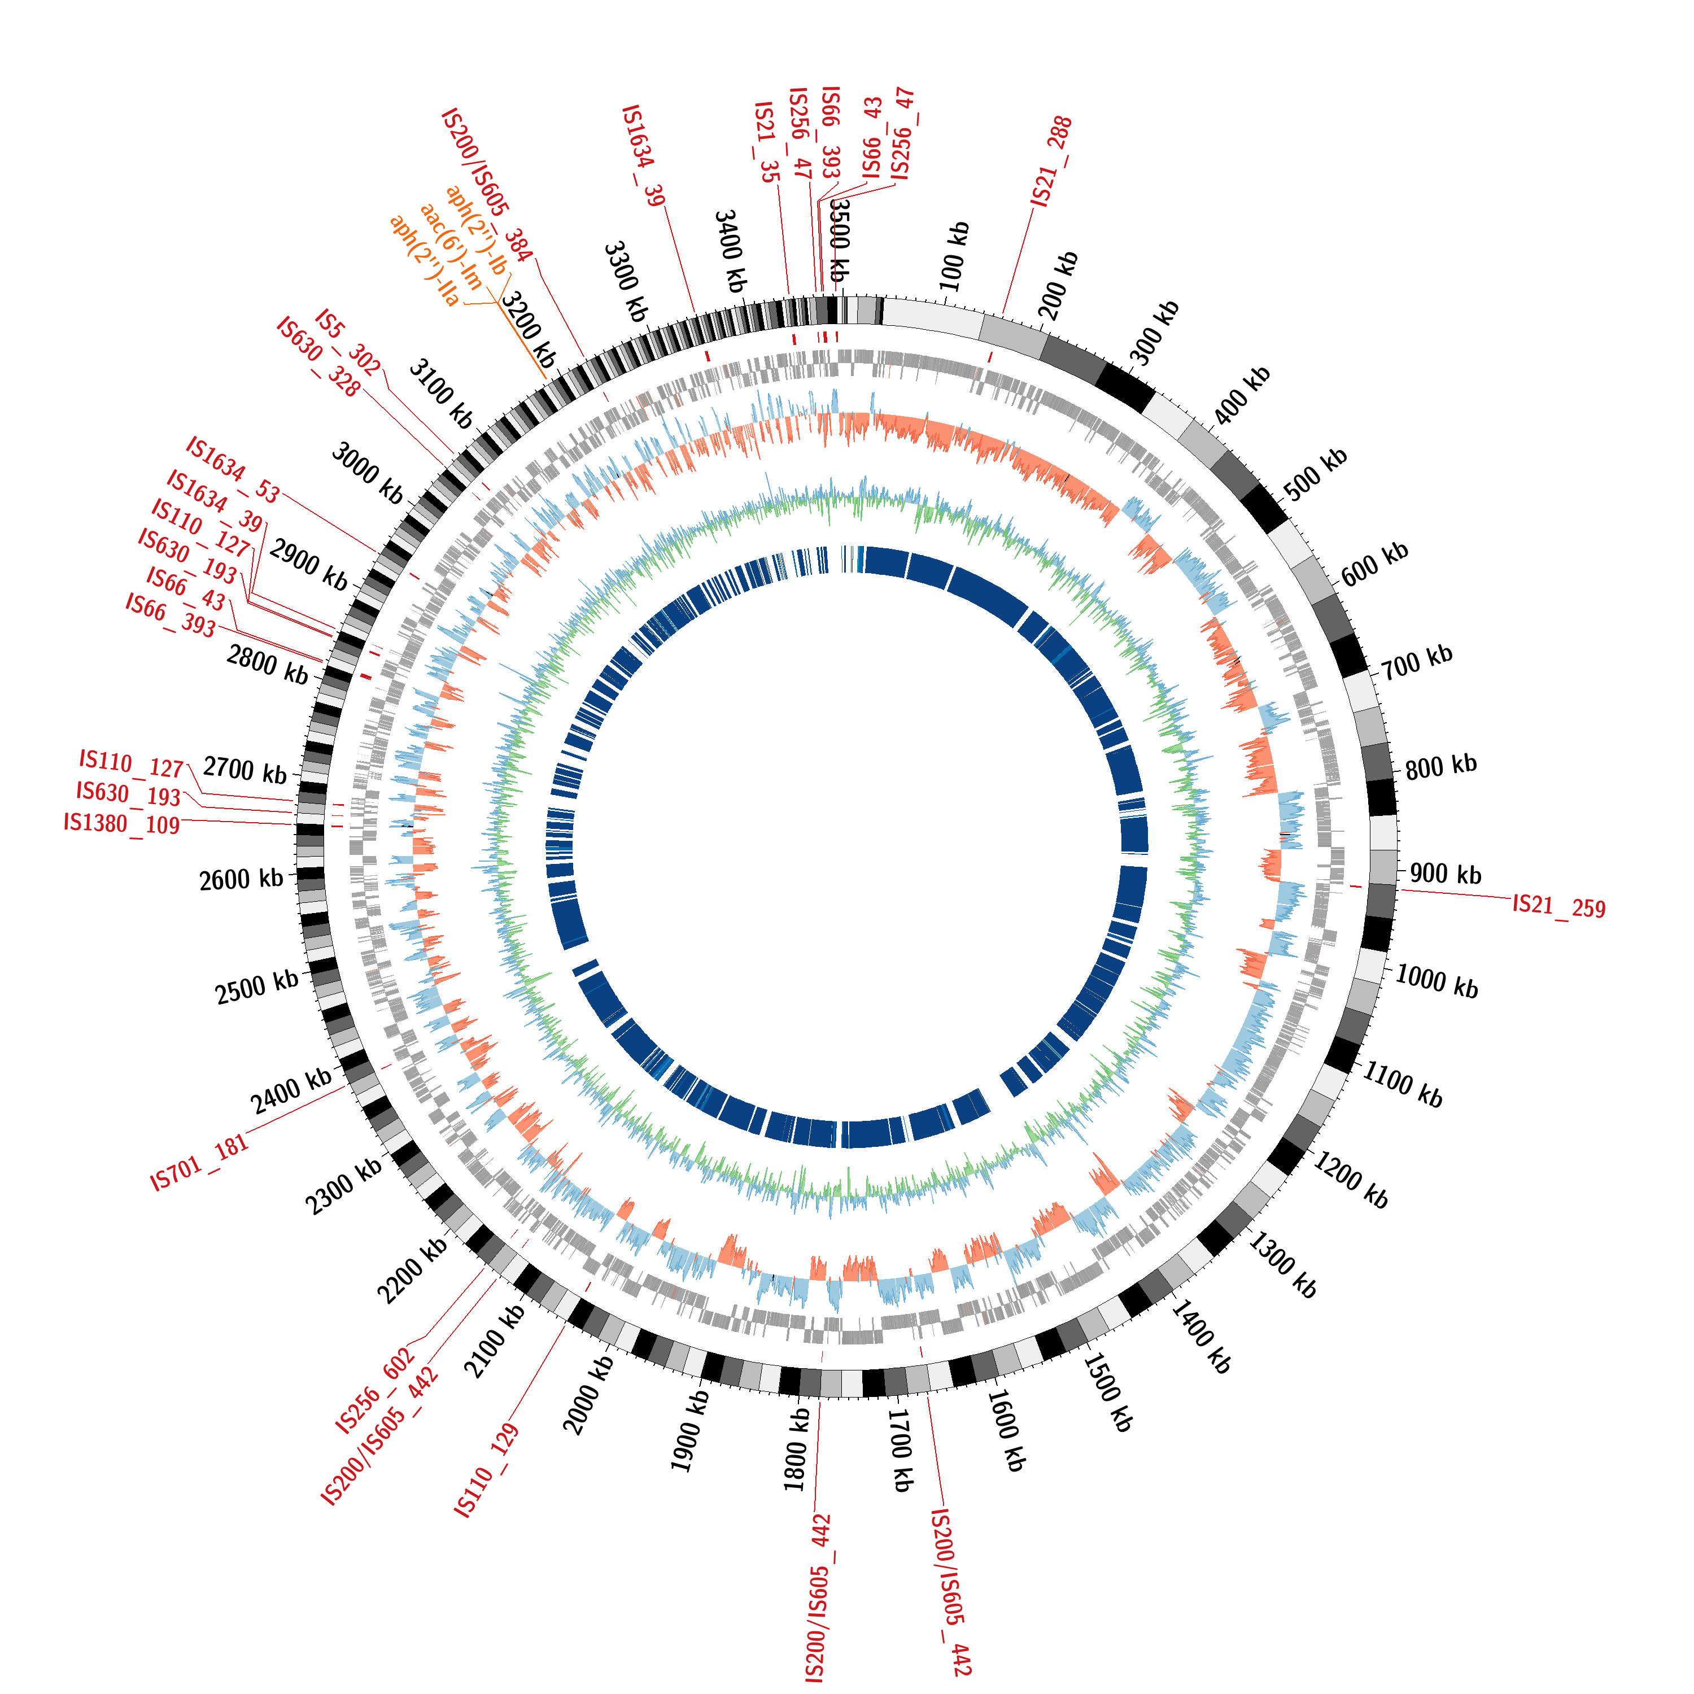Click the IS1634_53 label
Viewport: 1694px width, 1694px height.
(x=232, y=470)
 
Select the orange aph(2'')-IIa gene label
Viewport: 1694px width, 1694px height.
(x=425, y=260)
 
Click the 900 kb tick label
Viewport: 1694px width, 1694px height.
(x=1445, y=874)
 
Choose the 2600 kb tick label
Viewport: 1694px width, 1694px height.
(x=241, y=879)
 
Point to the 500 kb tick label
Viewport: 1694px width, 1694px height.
(x=1315, y=474)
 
